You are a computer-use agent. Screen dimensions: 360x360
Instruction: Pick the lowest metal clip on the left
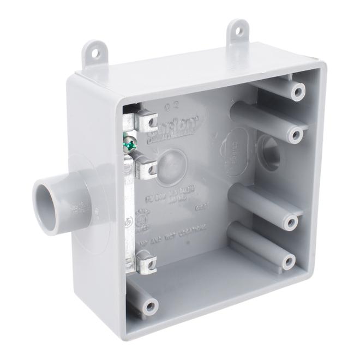(x=145, y=263)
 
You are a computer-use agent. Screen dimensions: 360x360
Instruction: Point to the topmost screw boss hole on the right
(x=297, y=91)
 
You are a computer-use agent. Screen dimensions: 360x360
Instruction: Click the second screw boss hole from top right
(x=295, y=134)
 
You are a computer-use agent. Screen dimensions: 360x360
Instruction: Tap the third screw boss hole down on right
(x=291, y=221)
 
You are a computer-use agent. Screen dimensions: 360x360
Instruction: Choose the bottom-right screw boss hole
(x=289, y=261)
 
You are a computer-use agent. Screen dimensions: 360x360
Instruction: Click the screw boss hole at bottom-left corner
(x=149, y=307)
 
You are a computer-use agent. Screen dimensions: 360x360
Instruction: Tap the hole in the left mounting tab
(x=95, y=53)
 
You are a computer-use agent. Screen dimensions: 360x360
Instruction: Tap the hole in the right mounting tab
(x=238, y=31)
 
